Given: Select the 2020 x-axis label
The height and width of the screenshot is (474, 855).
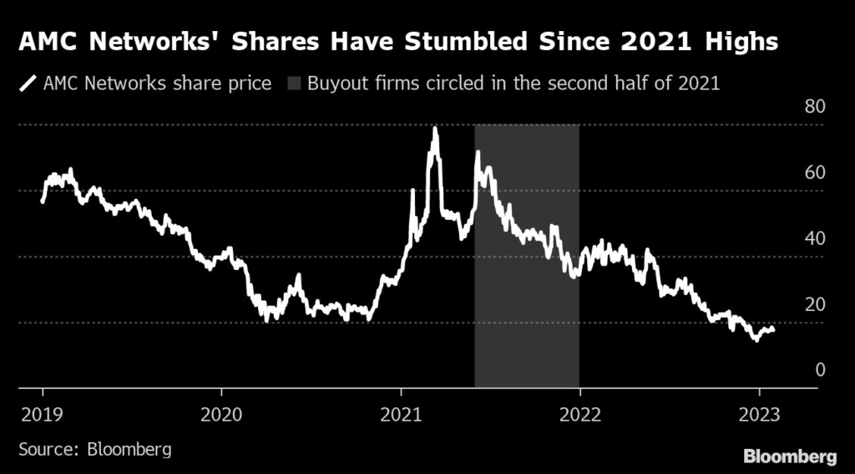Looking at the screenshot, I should (x=221, y=415).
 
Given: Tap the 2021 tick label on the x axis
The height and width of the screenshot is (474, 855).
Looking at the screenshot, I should (x=401, y=415).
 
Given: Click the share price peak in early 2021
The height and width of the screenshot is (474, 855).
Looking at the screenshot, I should (x=435, y=129).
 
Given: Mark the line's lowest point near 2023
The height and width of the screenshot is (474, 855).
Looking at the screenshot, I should (x=756, y=339).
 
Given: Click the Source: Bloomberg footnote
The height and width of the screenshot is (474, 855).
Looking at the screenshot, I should (x=94, y=449).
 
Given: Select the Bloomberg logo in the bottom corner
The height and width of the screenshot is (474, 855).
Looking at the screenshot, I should (x=790, y=456).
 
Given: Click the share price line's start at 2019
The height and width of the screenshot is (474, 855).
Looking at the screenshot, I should (x=43, y=201).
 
